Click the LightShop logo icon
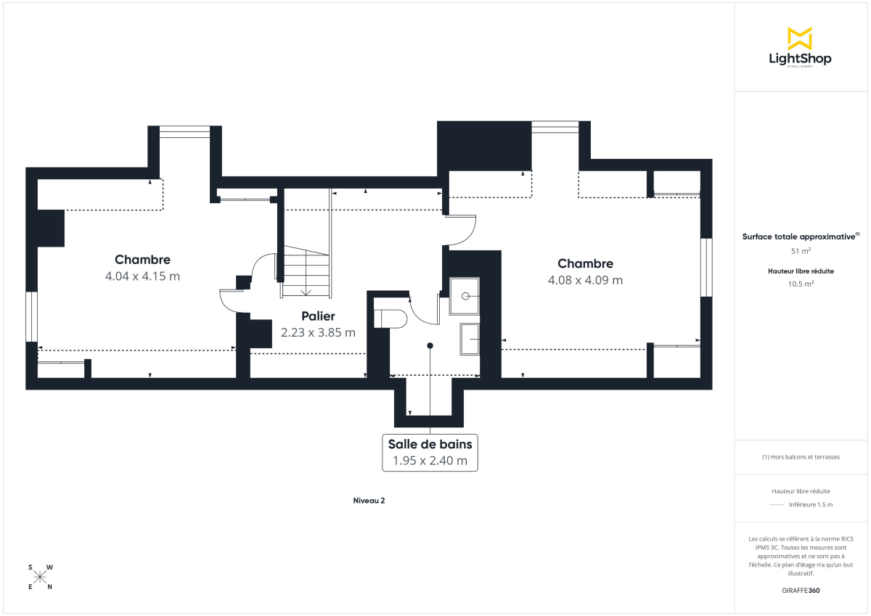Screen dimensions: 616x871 point(800,38)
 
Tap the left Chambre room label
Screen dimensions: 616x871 point(142,260)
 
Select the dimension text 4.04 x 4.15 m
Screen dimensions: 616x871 point(142,276)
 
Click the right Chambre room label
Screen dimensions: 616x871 point(585,264)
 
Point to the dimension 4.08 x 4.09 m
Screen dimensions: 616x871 point(585,280)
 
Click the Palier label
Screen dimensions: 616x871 point(318,316)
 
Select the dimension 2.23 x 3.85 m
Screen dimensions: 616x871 point(318,333)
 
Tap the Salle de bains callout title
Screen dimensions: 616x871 point(430,444)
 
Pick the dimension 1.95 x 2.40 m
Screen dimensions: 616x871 point(430,461)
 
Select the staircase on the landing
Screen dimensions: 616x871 point(306,271)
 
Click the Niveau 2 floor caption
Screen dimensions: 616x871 point(369,501)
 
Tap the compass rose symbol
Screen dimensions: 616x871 point(40,577)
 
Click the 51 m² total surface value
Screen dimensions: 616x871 point(800,251)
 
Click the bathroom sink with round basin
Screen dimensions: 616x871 point(465,296)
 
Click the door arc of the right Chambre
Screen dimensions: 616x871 point(462,231)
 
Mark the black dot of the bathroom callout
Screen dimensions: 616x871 point(430,345)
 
